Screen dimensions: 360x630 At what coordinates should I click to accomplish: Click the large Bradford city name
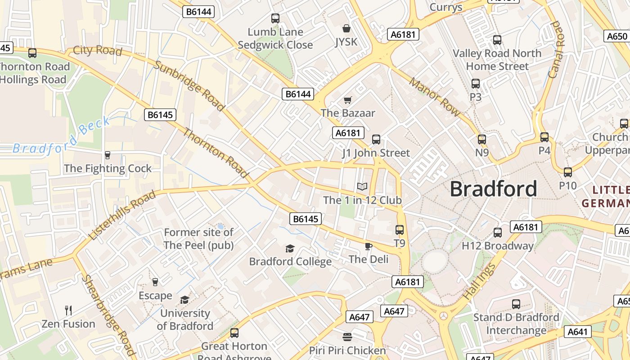pos(493,189)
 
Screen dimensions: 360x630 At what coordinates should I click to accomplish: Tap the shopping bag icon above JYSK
pos(346,29)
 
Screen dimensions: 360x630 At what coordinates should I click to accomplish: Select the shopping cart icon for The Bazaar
pos(347,99)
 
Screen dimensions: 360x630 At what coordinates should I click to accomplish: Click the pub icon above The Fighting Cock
pos(108,155)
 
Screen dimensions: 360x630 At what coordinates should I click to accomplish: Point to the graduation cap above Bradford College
pos(290,248)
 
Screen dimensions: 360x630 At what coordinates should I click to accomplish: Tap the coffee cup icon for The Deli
pos(368,246)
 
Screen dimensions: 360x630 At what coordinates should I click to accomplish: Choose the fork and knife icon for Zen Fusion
pos(68,310)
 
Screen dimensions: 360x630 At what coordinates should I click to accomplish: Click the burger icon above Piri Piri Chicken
pos(347,337)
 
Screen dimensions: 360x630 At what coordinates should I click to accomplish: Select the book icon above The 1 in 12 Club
pos(362,186)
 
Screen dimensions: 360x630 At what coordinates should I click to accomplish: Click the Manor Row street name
pos(434,97)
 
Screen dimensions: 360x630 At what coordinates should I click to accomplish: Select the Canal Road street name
pos(556,49)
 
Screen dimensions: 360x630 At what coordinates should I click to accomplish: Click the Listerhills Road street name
pos(122,215)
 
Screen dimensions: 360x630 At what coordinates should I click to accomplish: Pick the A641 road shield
pos(577,332)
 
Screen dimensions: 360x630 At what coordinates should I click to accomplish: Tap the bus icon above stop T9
pos(399,230)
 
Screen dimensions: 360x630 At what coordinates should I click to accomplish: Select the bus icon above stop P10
pos(568,172)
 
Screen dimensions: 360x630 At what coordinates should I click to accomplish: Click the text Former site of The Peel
pos(198,238)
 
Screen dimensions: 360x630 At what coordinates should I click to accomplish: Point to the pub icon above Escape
pos(155,282)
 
